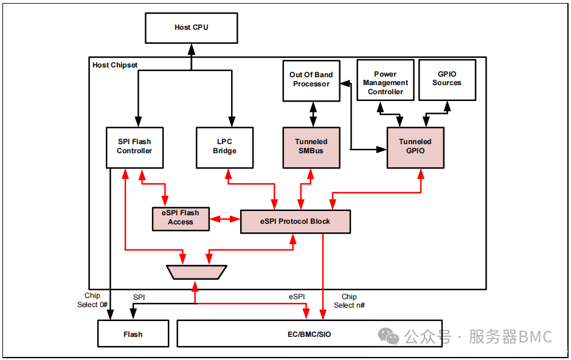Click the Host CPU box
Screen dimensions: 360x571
tap(191, 27)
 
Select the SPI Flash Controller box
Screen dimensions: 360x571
tap(134, 147)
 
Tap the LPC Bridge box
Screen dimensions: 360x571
tap(224, 147)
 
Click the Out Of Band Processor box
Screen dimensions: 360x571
tap(311, 80)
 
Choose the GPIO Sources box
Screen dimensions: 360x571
tap(446, 80)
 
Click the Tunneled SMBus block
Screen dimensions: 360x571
tap(311, 147)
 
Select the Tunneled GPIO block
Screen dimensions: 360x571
tap(415, 147)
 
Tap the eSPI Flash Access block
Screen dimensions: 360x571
tap(181, 218)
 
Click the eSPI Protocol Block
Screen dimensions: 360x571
tap(296, 221)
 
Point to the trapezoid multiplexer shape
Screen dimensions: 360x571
tap(196, 272)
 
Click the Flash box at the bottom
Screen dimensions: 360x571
tap(133, 334)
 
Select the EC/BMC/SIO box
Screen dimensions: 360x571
tap(309, 334)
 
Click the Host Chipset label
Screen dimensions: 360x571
tap(115, 65)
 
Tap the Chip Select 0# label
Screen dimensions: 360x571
tap(92, 300)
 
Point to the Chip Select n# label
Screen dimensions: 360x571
tap(349, 301)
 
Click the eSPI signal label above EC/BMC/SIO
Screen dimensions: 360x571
tap(297, 297)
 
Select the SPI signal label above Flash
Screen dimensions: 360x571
tap(139, 297)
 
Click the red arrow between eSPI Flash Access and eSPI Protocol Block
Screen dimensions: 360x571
tap(225, 219)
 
